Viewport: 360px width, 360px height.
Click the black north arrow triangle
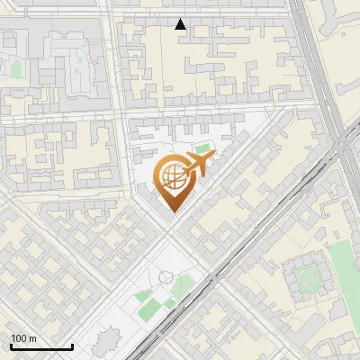tap(181, 23)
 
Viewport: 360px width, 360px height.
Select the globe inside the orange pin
tap(172, 177)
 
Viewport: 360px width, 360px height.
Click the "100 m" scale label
tap(24, 337)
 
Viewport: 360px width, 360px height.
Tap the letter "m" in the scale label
tap(33, 337)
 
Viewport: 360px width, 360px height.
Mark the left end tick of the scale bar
tap(11, 346)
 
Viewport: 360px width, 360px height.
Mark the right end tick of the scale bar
tap(72, 346)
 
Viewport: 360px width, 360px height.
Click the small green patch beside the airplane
tap(203, 148)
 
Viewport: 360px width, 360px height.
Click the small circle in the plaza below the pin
tap(163, 277)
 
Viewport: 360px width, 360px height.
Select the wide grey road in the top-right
tap(315, 63)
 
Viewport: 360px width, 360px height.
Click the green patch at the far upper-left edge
tap(15, 67)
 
